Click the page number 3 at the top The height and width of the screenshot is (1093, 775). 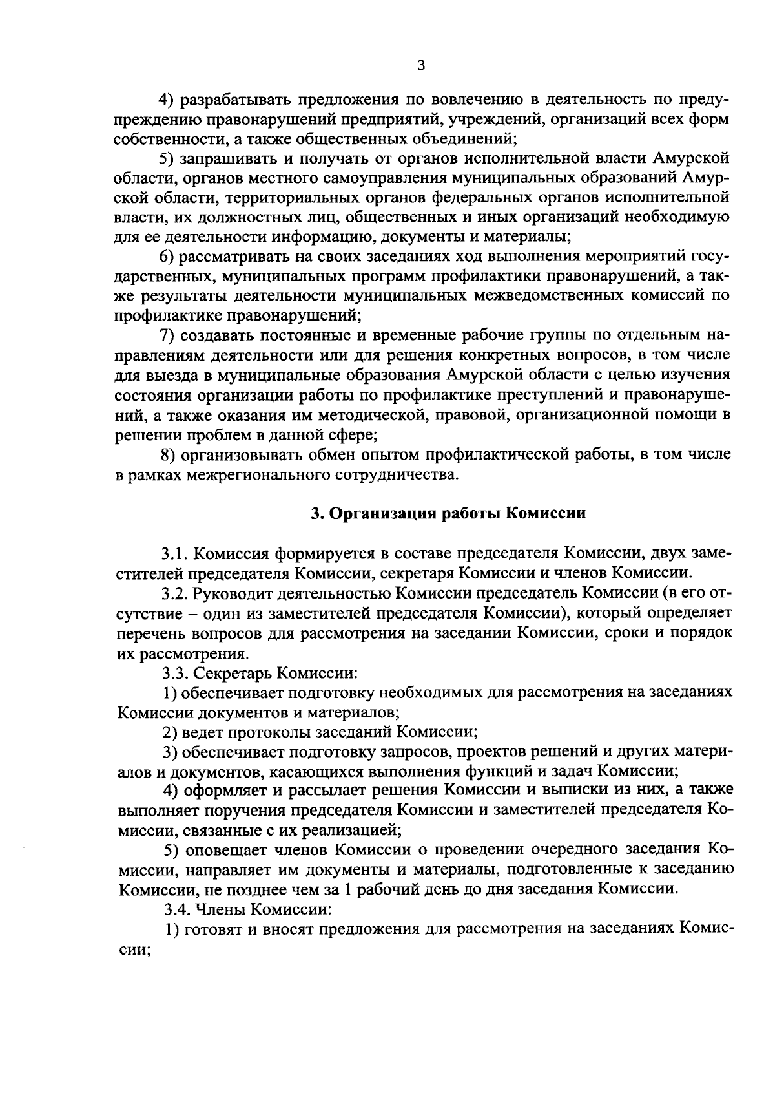tap(420, 65)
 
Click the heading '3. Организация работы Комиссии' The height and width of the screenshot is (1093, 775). tap(448, 513)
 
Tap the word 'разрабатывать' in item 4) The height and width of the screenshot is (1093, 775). tap(229, 100)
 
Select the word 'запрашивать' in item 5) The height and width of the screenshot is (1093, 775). tap(223, 158)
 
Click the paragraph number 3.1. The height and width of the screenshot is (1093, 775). tap(174, 553)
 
